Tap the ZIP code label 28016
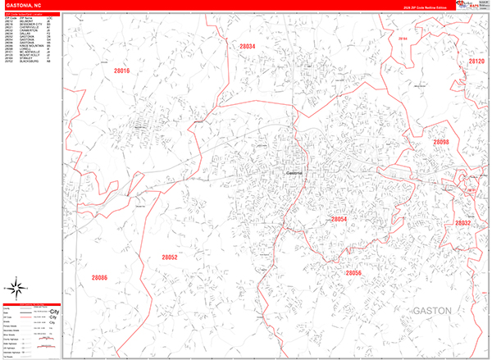pyautogui.click(x=121, y=72)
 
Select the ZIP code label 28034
pyautogui.click(x=248, y=47)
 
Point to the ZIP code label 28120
pyautogui.click(x=476, y=62)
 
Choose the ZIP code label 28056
pyautogui.click(x=353, y=273)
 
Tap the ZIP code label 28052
pyautogui.click(x=170, y=257)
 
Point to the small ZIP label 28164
pyautogui.click(x=402, y=39)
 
